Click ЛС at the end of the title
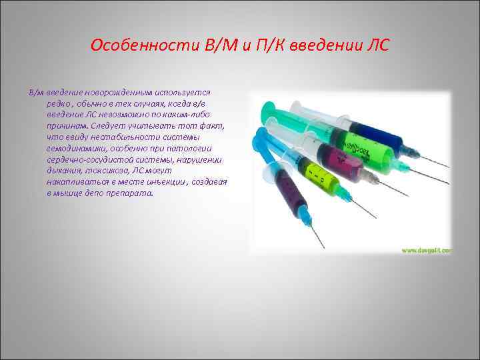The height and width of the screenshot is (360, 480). click(376, 46)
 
